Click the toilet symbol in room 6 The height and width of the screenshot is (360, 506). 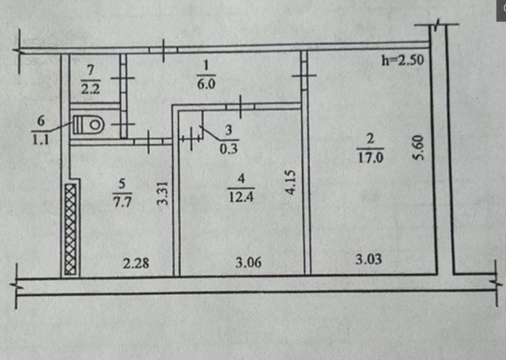coord(88,125)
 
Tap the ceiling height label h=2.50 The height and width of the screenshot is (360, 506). coord(403,61)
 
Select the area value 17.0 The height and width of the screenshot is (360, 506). coord(371,158)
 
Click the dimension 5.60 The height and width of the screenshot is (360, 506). coord(417,148)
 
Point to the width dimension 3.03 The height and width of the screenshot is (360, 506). coord(368,259)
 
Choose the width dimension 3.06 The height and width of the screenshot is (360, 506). coord(249,262)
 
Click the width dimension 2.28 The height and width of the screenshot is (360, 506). coord(136,264)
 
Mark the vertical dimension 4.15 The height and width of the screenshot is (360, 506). coord(291,182)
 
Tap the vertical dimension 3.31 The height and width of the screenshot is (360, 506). coord(162,193)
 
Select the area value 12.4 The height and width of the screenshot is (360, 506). coord(241,196)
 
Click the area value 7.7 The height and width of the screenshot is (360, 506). coord(123,202)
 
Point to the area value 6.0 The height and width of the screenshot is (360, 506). coord(206,84)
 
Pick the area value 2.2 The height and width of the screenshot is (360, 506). coord(91,88)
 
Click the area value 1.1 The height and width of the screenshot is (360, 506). coord(41,140)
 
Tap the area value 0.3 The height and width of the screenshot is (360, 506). coord(229,148)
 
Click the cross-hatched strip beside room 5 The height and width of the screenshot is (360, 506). coord(71,230)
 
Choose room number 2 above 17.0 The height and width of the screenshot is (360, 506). coord(371,139)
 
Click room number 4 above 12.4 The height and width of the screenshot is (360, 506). coord(242,178)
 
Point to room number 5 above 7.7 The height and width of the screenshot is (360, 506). coord(122,184)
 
